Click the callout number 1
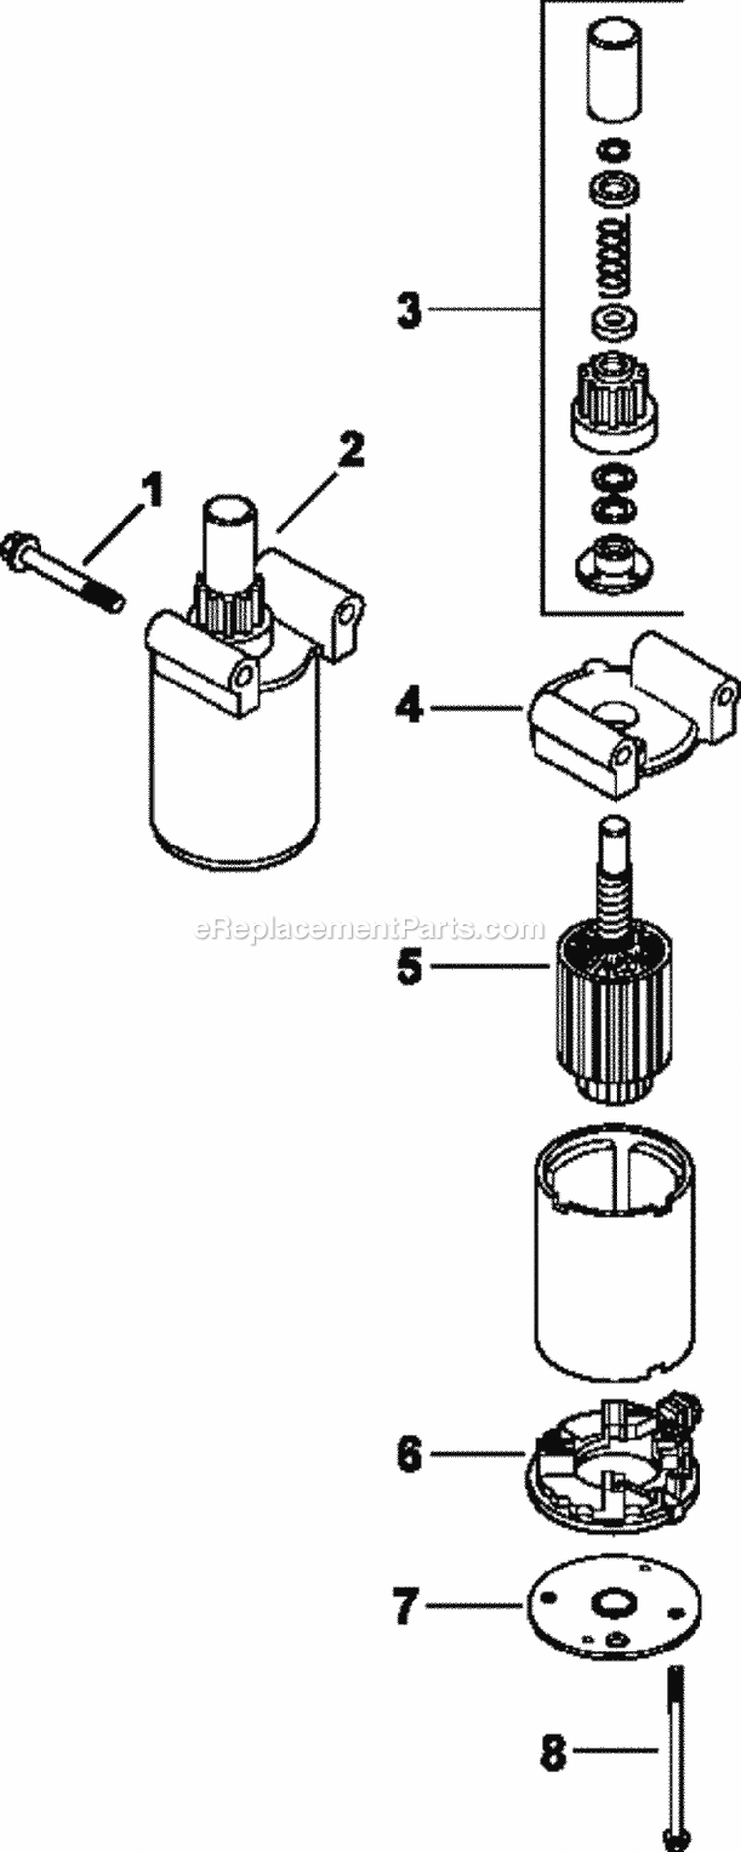150,490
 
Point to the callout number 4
409,707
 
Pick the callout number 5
408,965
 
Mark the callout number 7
406,1607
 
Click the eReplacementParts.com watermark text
370,929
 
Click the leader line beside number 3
484,311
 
